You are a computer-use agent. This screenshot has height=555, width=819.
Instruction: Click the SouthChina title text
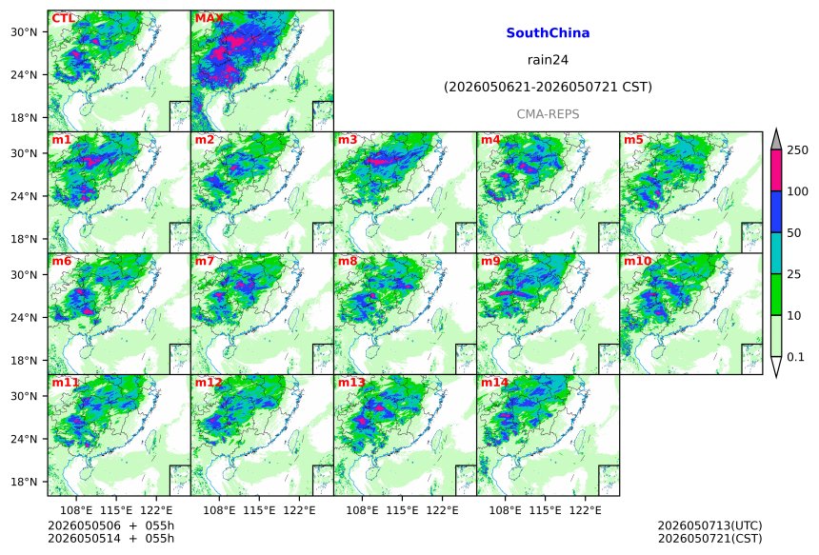548,33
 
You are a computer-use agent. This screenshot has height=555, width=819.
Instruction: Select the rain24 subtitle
548,60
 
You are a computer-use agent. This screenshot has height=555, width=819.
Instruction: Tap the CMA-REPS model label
548,114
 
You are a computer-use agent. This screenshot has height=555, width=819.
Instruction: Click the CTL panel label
62,18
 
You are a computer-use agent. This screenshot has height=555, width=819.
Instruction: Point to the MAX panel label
209,18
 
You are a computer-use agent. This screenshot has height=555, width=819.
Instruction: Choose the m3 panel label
348,140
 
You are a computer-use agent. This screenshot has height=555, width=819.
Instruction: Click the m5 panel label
633,140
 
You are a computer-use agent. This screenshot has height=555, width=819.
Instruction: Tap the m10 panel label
638,261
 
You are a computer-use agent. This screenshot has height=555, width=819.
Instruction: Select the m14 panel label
494,383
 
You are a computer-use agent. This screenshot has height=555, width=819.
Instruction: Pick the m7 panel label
204,261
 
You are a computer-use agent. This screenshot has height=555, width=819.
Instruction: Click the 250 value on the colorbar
798,150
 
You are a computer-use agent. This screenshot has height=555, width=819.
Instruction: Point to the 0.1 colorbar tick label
795,357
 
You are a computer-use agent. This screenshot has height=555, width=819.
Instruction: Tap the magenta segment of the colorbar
776,170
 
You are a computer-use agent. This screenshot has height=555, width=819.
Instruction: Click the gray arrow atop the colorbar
776,139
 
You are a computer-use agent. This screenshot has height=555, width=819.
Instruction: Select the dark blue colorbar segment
776,211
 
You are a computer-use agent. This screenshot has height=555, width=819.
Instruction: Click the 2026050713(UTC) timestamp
709,525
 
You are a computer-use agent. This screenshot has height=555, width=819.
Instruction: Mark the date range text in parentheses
548,87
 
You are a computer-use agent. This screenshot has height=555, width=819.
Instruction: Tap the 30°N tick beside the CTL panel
24,31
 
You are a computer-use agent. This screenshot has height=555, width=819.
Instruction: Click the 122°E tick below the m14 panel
585,510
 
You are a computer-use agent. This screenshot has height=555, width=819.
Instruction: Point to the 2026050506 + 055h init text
111,525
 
